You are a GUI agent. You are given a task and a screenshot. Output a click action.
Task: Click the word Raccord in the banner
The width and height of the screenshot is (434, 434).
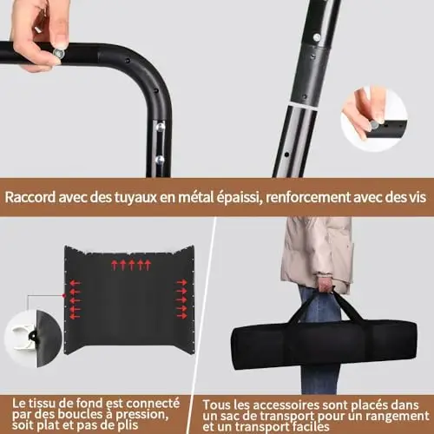[x=30, y=197]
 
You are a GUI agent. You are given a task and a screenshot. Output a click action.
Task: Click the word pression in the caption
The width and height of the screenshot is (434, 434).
[x=141, y=415]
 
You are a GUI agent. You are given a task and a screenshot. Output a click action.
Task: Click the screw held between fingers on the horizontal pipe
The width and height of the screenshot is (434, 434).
[x=58, y=54]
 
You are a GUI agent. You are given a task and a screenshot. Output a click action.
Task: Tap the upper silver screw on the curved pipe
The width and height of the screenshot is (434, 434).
[x=160, y=127]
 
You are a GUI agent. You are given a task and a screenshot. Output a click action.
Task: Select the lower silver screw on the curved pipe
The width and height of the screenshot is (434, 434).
[x=160, y=160]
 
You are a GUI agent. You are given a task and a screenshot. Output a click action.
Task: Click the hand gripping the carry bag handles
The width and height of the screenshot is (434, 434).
[x=325, y=284]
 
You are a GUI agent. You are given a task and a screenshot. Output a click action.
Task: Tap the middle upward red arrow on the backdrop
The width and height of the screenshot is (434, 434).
[x=132, y=265]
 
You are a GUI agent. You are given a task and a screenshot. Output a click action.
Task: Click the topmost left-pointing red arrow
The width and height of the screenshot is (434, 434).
[x=75, y=283]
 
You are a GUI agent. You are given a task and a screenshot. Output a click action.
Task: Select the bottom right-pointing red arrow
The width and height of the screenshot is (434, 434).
[x=182, y=316]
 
